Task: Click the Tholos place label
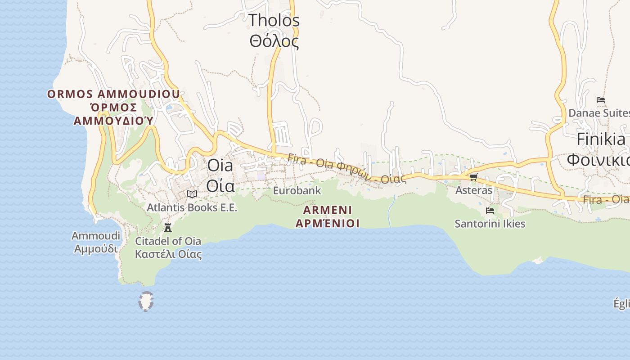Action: [274, 20]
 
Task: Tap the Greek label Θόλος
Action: [274, 41]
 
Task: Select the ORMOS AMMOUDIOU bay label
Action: [113, 94]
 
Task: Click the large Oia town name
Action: [220, 166]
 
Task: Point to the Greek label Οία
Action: [220, 185]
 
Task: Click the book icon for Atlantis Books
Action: [192, 194]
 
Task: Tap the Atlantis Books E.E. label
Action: [192, 208]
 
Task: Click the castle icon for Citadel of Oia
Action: [168, 227]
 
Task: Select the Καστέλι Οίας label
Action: [168, 254]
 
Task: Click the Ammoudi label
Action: [96, 236]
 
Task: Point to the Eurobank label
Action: [297, 190]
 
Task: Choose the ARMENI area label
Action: [328, 210]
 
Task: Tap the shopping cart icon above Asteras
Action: [473, 177]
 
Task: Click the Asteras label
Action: [474, 190]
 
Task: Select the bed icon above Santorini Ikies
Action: [490, 210]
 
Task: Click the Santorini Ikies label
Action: [490, 224]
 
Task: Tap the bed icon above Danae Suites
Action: [600, 99]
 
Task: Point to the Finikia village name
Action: [601, 139]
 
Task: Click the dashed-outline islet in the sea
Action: [146, 301]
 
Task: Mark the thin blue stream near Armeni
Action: [390, 211]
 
